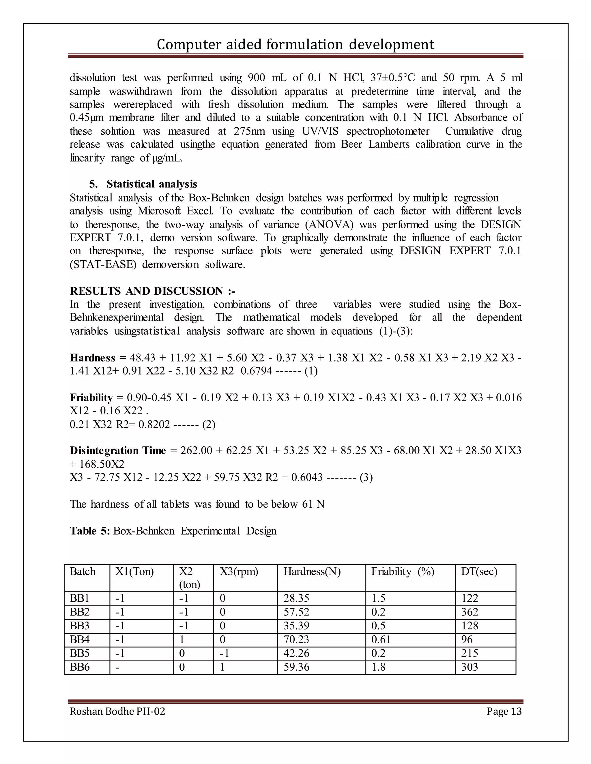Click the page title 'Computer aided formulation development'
coord(295,45)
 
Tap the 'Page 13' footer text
coord(504,711)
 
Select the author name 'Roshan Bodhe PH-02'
coord(117,711)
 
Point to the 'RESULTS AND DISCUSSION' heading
coord(146,291)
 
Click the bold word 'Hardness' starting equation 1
coord(92,358)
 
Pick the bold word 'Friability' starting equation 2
coord(91,398)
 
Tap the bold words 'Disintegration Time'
coord(118,451)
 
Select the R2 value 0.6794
coord(256,371)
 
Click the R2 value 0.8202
coord(154,425)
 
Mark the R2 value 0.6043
coord(306,477)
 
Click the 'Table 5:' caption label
coord(90,531)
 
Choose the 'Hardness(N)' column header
coord(312,572)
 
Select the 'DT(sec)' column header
coord(479,572)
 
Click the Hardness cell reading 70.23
coord(296,640)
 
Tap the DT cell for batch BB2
coord(470,612)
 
